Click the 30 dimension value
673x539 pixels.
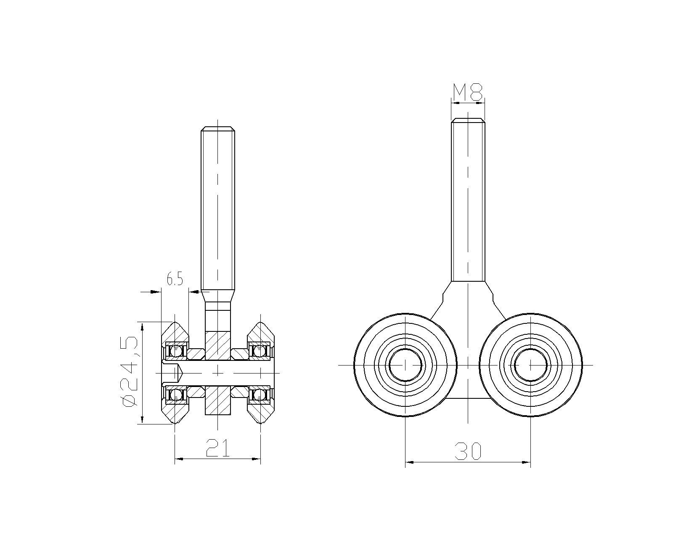(x=468, y=451)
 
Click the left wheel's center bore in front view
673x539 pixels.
(x=405, y=365)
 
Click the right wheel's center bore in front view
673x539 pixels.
(x=530, y=365)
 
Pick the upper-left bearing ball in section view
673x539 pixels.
(x=175, y=351)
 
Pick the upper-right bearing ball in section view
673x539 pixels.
(x=260, y=351)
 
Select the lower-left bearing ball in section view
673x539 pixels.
(x=175, y=395)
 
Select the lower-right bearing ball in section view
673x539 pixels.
(x=260, y=395)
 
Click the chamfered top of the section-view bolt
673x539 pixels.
(x=218, y=128)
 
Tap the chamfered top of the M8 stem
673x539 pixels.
(x=468, y=120)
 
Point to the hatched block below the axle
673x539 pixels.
(x=218, y=400)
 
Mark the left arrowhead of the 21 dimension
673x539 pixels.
(x=179, y=459)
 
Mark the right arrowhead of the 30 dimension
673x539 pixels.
(x=526, y=462)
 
